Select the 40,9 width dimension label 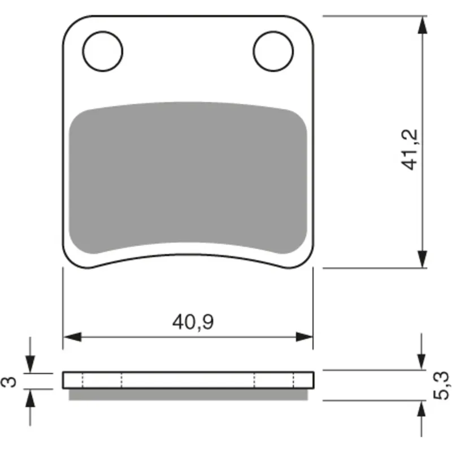[193, 322]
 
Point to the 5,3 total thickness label [441, 386]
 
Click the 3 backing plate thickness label [9, 382]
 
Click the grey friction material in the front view [188, 178]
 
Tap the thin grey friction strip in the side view [188, 394]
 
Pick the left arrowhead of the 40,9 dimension [72, 336]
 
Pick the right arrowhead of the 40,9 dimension [304, 336]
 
